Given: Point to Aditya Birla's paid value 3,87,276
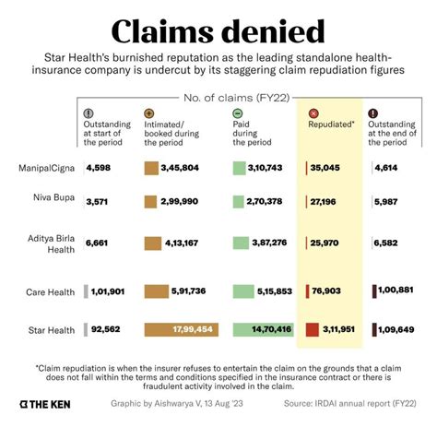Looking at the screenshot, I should pos(268,242).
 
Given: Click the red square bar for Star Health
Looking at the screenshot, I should pos(313,329).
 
